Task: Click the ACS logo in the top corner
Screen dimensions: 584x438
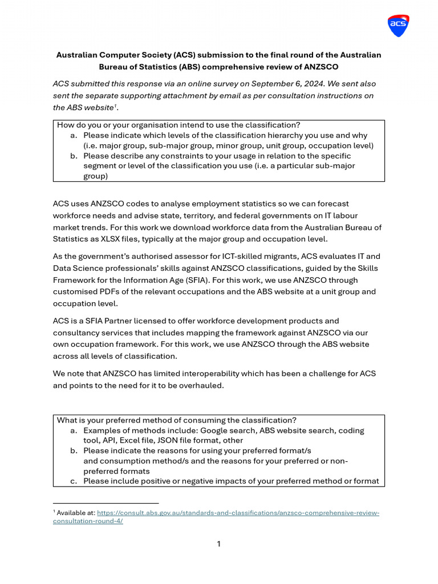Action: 398,26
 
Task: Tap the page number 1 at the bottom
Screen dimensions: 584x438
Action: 218,544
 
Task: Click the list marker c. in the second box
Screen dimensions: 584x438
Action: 74,481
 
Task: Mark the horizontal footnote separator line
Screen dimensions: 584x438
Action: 106,503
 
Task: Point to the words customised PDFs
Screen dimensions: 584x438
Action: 86,291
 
